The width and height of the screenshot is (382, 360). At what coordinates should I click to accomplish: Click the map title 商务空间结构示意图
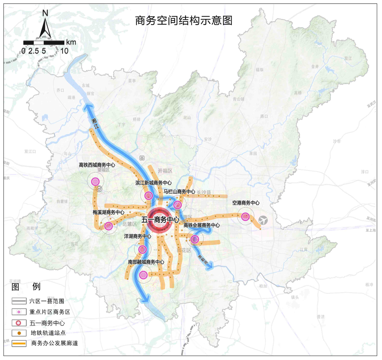[184, 20]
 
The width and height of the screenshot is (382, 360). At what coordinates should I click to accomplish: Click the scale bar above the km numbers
[44, 42]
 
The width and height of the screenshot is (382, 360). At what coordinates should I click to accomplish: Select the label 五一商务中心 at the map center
[160, 220]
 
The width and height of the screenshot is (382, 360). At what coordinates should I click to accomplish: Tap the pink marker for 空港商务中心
[245, 216]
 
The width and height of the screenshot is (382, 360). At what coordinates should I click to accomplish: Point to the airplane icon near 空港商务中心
[263, 220]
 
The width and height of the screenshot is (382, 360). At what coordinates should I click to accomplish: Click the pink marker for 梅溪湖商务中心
[108, 226]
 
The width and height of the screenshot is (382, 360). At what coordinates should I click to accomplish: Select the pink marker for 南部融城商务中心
[143, 275]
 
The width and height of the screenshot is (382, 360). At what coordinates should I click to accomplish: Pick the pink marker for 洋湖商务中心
[142, 249]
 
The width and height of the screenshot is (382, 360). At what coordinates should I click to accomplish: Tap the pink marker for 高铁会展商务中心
[195, 239]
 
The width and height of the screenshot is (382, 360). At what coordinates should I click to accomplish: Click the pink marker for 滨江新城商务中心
[148, 196]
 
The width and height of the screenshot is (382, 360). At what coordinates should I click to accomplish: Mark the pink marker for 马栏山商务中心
[177, 204]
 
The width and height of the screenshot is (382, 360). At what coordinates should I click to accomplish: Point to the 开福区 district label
[165, 171]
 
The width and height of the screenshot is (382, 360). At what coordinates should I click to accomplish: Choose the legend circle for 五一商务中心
[19, 323]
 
